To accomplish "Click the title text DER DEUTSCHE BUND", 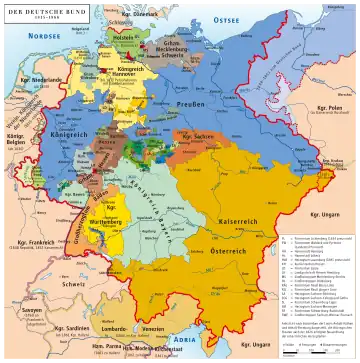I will (36, 10).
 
